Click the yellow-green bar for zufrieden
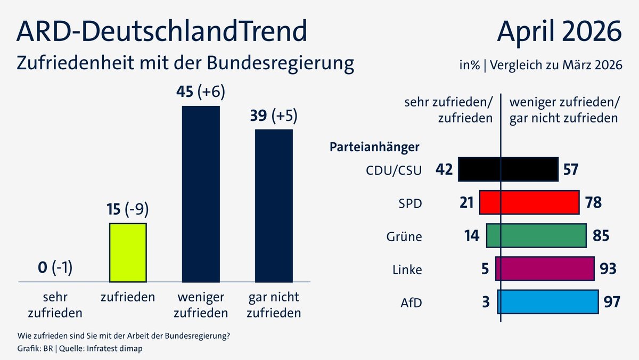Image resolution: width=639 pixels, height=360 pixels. point(128,252)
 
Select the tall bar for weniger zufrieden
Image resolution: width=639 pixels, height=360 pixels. point(201,194)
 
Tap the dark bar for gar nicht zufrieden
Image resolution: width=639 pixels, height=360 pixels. point(274,206)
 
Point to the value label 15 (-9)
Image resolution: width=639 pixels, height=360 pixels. point(127,209)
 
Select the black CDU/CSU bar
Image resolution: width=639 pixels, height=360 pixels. point(508,170)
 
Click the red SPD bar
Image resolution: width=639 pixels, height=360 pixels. point(529,203)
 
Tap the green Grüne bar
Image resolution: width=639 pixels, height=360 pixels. point(536,236)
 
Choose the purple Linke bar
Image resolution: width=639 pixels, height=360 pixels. point(544,268)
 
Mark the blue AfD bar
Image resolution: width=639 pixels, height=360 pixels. point(547,301)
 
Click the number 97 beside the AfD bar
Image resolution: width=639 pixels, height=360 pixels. point(612,302)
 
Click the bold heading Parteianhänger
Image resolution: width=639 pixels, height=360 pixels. point(374,146)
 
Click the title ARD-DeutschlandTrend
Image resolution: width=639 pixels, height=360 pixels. point(162,31)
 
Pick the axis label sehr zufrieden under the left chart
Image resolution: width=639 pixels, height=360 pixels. point(55,305)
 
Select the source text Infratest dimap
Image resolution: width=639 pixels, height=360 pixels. point(117,349)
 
